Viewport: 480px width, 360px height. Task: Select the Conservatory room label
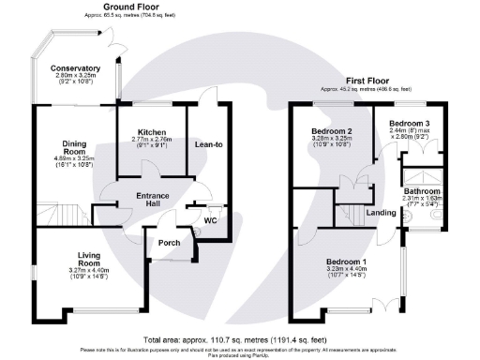(75, 68)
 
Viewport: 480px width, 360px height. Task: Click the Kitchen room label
(151, 132)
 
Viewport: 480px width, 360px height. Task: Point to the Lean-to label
(208, 145)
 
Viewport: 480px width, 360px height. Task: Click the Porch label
(169, 243)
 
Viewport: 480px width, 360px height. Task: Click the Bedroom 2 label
(331, 130)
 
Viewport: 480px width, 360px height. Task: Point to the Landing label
(381, 213)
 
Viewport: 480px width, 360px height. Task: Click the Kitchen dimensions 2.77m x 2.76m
(151, 140)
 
